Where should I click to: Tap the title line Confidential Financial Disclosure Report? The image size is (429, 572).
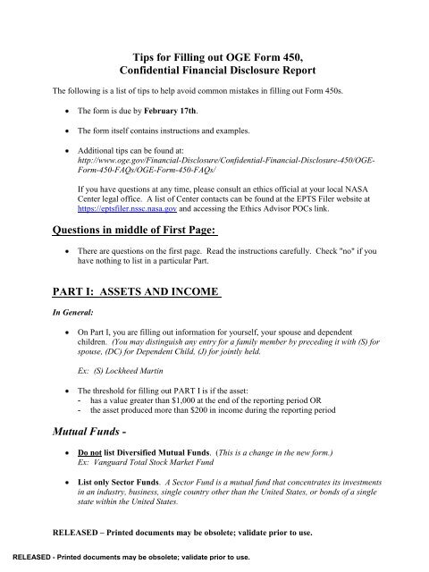pos(214,71)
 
